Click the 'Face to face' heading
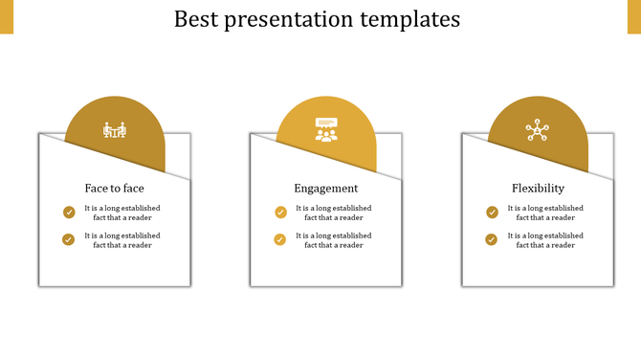coord(115,189)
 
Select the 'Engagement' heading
coord(326,189)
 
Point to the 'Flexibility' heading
coord(538,189)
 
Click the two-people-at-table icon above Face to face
coord(116,130)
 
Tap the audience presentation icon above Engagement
coord(327,129)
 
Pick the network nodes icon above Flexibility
coord(538,131)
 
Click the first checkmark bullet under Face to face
coord(69,213)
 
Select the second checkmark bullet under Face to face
coord(69,239)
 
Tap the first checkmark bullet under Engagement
coord(280,213)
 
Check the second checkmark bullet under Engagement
coord(280,239)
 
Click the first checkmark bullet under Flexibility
coord(492,213)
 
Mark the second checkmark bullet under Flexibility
coord(492,239)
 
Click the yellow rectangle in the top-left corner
coord(7,16)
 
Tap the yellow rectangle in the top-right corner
coord(633,16)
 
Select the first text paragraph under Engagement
coord(333,213)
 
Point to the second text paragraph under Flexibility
coord(544,240)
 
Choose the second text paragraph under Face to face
coord(122,240)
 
